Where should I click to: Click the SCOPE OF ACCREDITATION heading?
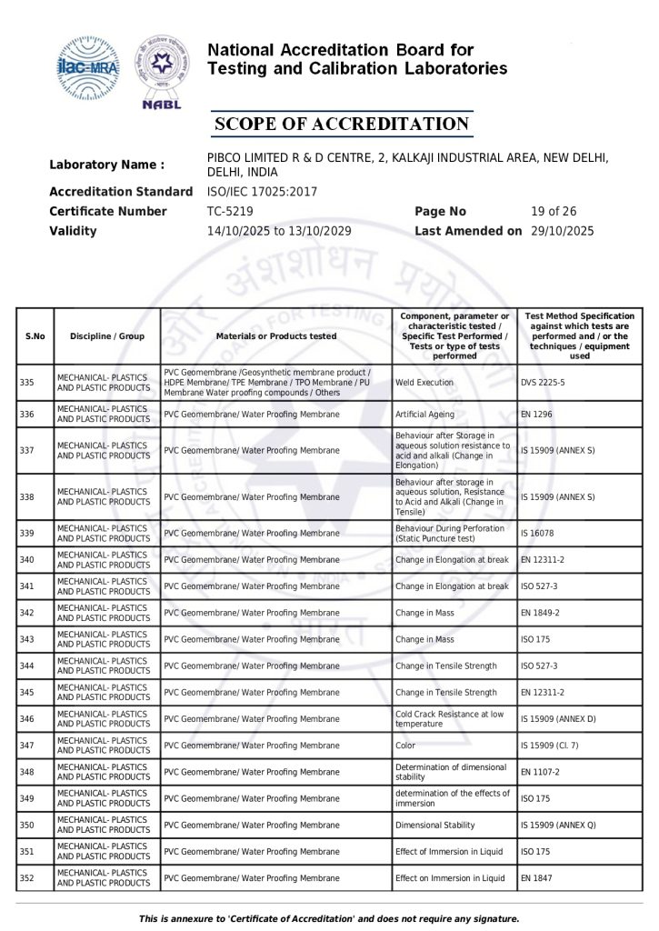click(341, 124)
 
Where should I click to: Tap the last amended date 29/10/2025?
click(562, 231)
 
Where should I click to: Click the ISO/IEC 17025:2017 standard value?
click(263, 192)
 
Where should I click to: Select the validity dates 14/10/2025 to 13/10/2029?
click(279, 231)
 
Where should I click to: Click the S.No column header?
click(35, 336)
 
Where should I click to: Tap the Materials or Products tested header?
click(276, 336)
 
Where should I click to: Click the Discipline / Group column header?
click(106, 336)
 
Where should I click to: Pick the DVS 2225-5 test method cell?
click(543, 383)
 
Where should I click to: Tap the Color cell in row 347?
click(405, 746)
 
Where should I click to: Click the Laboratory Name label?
click(106, 165)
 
